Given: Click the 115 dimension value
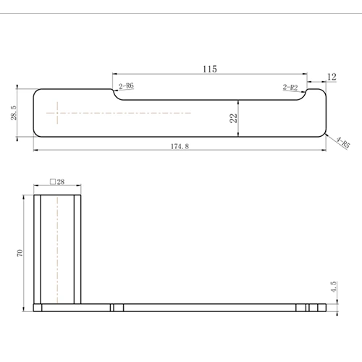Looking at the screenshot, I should tap(209, 69).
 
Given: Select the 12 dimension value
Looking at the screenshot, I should tap(332, 76).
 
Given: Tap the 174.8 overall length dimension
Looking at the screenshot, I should tap(179, 146).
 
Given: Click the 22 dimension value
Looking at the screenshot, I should tap(233, 118).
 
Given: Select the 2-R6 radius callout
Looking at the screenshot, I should tap(126, 86).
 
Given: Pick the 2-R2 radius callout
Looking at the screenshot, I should tap(290, 87).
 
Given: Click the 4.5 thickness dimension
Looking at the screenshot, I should tap(333, 287).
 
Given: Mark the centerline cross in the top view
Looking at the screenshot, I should tap(56, 113).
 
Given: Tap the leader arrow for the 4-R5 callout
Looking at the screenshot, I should tap(330, 135).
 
